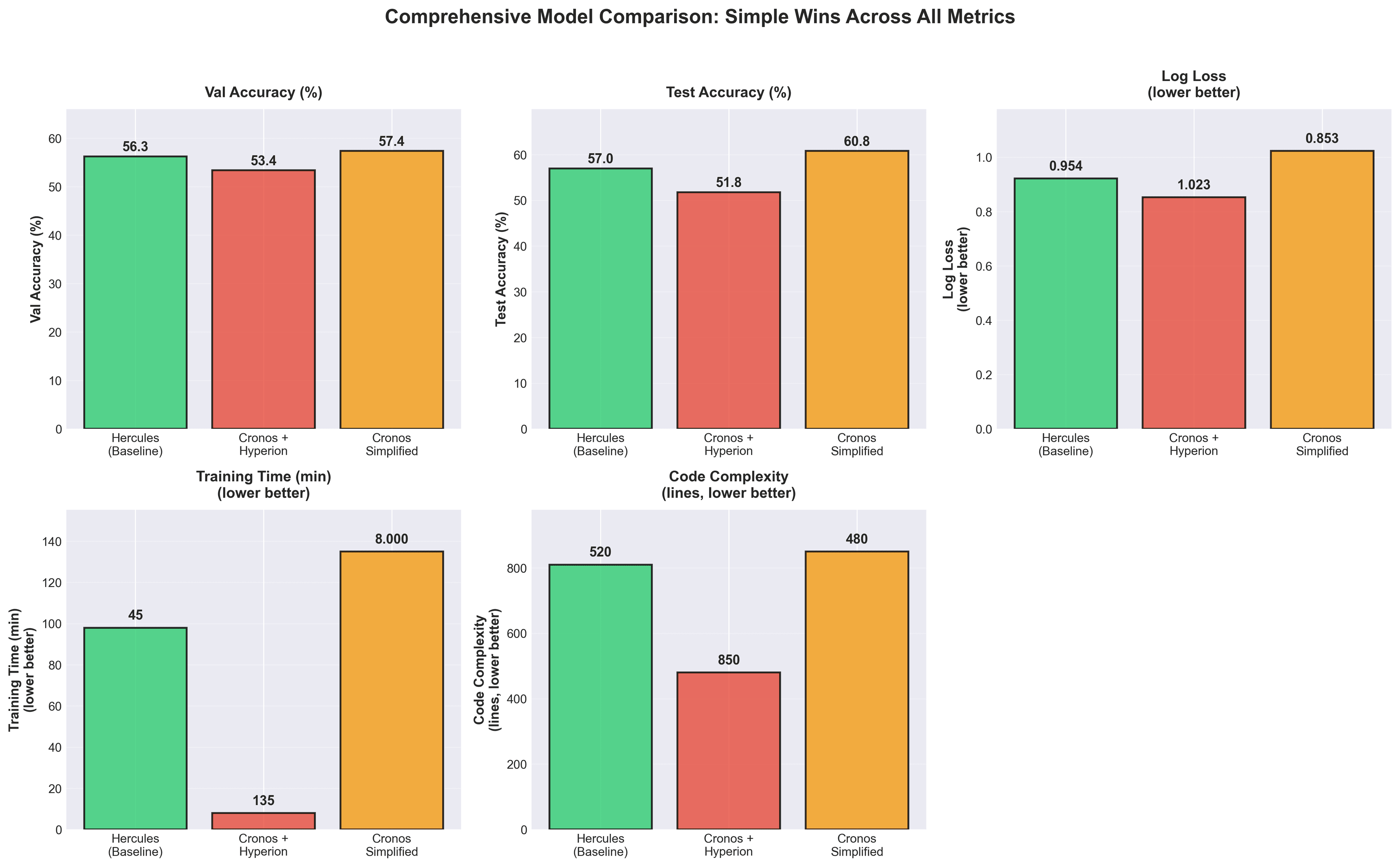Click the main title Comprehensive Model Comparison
699,17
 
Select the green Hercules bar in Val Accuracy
135,292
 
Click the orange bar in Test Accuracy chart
856,289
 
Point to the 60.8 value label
856,141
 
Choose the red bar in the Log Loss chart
1194,312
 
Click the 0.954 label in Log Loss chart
1066,166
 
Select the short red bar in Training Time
263,821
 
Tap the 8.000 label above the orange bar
392,539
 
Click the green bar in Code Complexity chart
600,697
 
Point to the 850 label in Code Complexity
729,660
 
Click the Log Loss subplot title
1194,84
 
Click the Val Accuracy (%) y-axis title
36,269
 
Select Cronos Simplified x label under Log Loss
1322,444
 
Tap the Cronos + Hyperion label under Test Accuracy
729,444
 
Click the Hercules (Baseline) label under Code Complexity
600,845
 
